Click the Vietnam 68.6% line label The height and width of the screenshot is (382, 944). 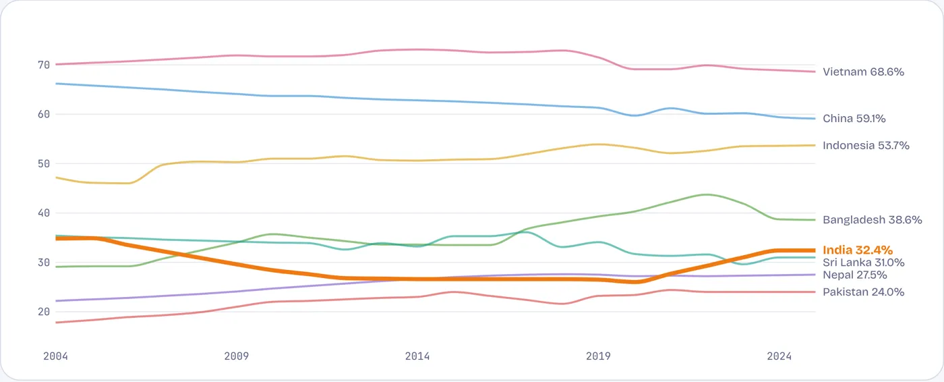(863, 72)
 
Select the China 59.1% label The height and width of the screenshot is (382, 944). (854, 119)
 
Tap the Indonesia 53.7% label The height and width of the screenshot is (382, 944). (866, 146)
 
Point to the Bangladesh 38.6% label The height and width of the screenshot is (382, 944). (872, 219)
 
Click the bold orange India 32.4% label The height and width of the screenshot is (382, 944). (858, 250)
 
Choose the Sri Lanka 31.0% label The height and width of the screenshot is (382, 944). (863, 263)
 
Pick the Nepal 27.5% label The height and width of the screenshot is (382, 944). (855, 275)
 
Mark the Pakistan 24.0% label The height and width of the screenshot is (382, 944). (863, 292)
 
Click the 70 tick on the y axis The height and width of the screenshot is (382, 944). (44, 65)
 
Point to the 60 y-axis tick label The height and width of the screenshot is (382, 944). (44, 114)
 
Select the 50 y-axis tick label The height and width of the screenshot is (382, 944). (44, 163)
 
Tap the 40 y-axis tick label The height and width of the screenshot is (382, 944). (44, 213)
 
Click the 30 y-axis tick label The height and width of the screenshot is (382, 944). (44, 263)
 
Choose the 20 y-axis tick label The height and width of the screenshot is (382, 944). (44, 312)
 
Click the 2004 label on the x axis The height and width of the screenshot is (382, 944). (55, 356)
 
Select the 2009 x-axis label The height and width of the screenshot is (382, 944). (237, 356)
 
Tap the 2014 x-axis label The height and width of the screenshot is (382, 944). (417, 356)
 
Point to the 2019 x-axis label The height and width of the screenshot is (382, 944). (598, 356)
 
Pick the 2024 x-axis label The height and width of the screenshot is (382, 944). (779, 356)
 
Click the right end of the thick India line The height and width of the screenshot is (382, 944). (815, 250)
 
